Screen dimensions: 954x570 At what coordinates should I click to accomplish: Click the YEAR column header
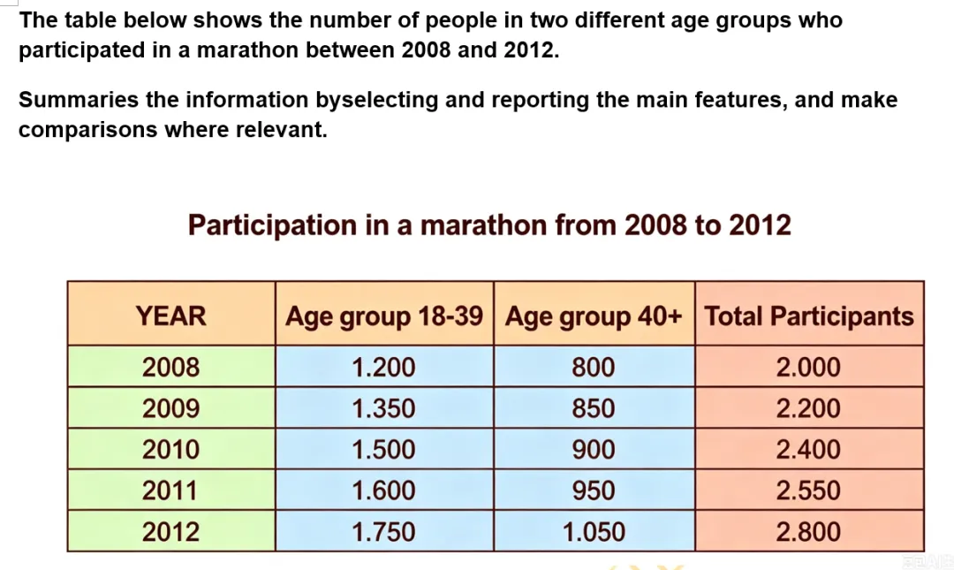click(x=171, y=316)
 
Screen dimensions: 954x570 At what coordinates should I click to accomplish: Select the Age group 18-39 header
click(x=384, y=316)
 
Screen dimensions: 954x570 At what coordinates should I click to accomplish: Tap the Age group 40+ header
click(x=594, y=316)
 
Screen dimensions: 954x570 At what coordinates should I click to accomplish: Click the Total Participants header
click(x=809, y=316)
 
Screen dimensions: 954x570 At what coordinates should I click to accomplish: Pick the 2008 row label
click(x=171, y=368)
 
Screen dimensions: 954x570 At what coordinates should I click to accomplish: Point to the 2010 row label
click(x=171, y=450)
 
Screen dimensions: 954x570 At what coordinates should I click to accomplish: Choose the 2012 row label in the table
click(x=171, y=532)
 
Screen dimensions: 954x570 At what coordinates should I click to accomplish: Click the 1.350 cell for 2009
click(x=384, y=408)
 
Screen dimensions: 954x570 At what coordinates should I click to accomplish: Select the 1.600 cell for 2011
click(x=384, y=490)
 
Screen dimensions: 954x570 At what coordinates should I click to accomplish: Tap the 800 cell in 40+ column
click(x=594, y=368)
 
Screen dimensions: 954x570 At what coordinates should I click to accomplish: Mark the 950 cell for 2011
click(x=594, y=490)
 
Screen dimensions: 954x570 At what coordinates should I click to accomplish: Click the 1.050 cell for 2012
click(x=594, y=532)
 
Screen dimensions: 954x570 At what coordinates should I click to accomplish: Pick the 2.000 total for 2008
click(x=808, y=368)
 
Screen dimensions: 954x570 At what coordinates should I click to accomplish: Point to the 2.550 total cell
click(x=808, y=490)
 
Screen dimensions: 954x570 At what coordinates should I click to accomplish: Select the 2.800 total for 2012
click(x=808, y=532)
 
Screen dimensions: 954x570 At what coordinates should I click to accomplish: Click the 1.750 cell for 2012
click(x=384, y=532)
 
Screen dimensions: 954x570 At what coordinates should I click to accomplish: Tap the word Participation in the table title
click(x=273, y=226)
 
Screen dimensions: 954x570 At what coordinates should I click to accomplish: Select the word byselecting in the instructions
click(x=376, y=101)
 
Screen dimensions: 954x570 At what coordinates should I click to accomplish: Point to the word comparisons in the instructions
click(x=87, y=130)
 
